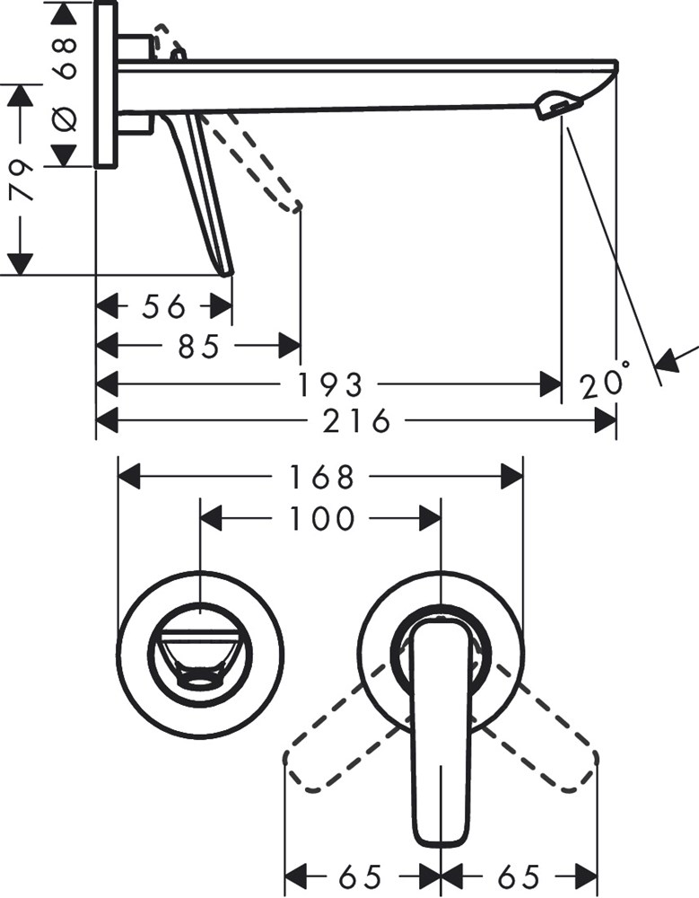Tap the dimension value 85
point(198,346)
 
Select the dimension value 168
point(322,477)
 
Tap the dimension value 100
point(321,518)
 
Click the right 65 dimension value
point(518,876)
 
